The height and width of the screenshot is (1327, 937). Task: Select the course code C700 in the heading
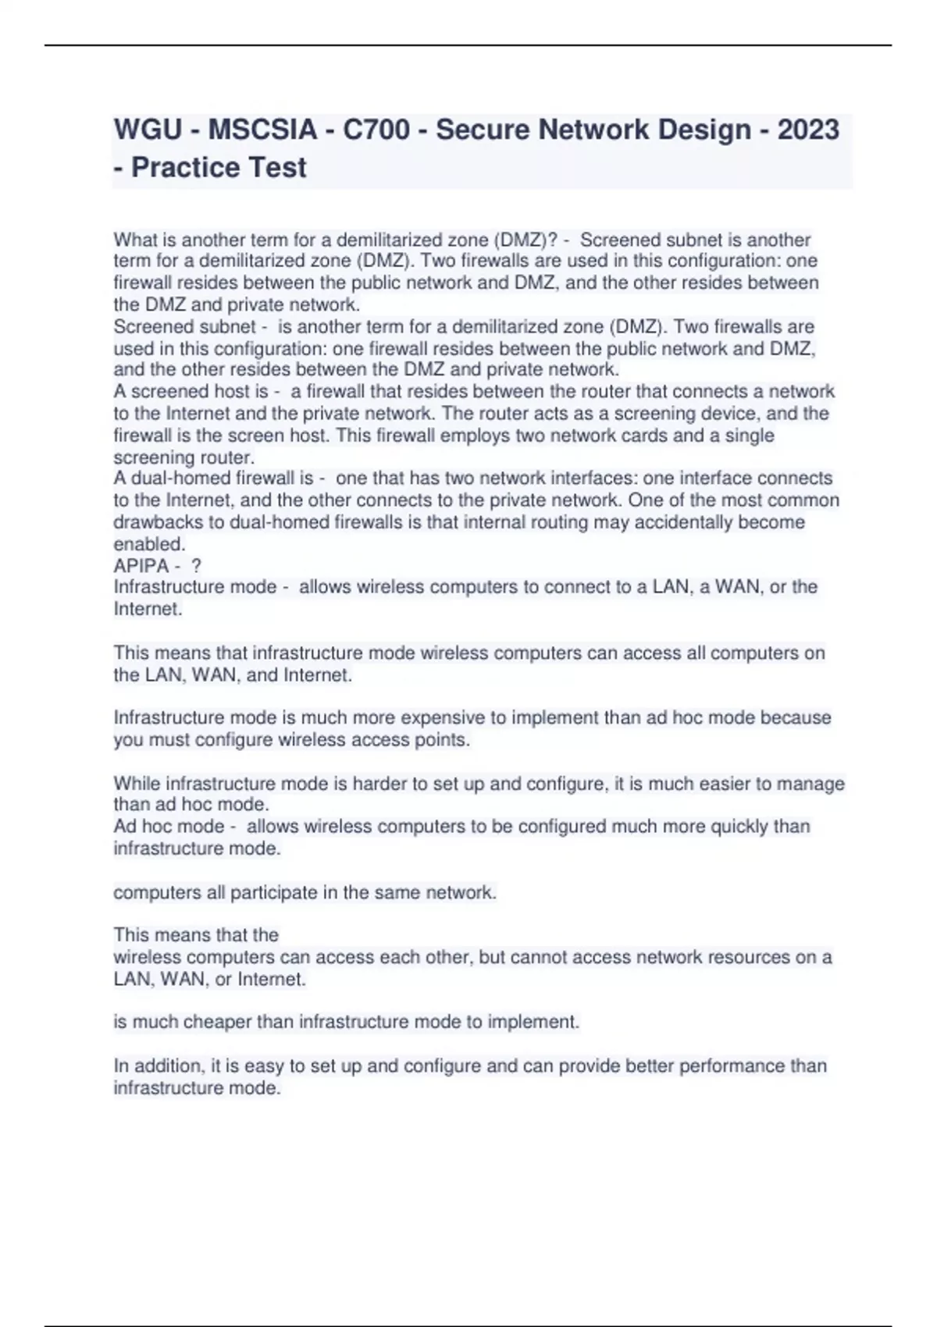(376, 130)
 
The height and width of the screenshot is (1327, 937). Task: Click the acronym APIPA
(141, 565)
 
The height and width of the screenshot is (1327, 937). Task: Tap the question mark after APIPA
(196, 565)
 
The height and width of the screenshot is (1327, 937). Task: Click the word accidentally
(688, 522)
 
